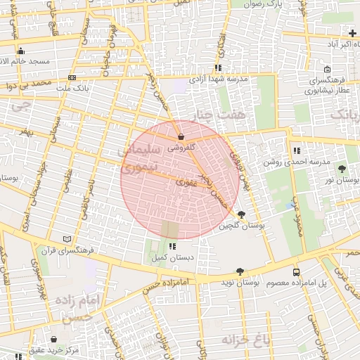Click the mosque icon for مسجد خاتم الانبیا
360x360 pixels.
20,51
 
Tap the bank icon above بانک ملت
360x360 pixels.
72,78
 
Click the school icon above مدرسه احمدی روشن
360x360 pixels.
298,150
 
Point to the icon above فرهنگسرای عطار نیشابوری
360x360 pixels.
328,69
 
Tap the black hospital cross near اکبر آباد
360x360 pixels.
352,33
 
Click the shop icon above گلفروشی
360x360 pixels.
182,136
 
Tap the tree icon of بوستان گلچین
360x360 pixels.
242,214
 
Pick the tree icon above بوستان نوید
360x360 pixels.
240,271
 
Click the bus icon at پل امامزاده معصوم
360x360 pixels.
296,271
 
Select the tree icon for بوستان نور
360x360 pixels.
342,169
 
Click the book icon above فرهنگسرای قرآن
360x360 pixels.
67,239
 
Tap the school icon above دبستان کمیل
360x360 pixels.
172,246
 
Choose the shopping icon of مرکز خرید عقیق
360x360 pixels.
53,339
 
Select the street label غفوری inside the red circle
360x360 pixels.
187,182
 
